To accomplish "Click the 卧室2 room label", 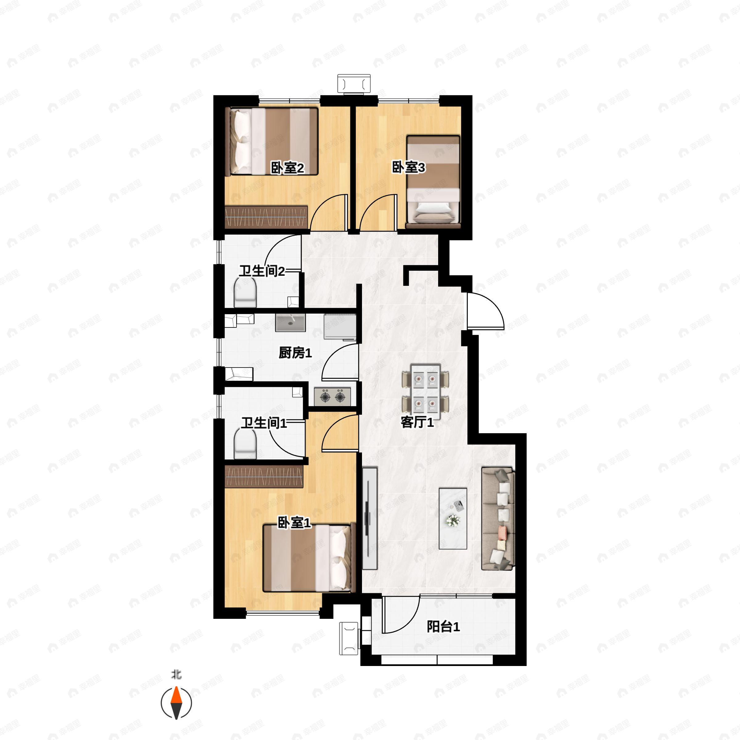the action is pos(287,168).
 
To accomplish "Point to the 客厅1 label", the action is pos(417,422).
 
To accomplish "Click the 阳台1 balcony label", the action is pos(443,627).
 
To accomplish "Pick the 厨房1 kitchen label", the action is pos(295,353).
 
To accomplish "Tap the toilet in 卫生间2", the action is pos(245,292).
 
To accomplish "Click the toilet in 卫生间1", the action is pos(245,444).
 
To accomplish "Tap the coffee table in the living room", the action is pos(453,519).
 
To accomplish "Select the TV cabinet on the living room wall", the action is pos(370,519).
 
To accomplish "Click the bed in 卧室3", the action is pos(433,182).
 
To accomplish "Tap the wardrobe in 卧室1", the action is pos(264,476).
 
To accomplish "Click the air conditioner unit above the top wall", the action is pos(354,84).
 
